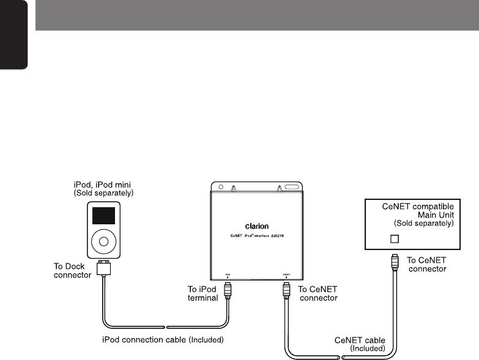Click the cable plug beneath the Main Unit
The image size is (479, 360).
(396, 263)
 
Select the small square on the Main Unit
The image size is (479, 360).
(395, 238)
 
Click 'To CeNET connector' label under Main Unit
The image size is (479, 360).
(427, 264)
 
